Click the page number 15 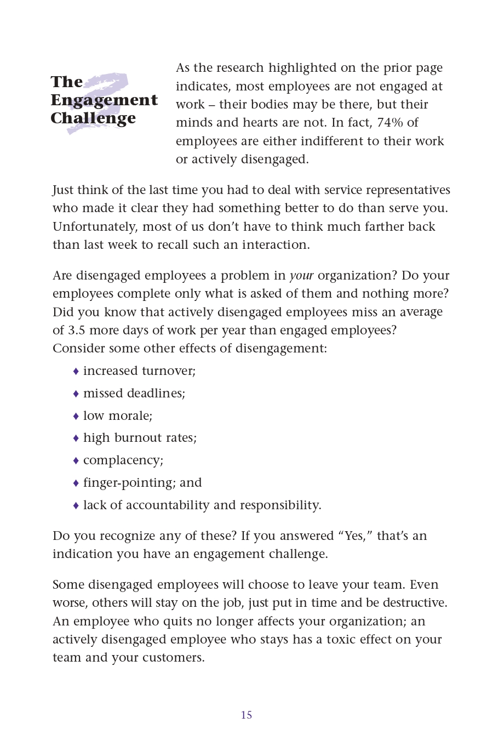(246, 715)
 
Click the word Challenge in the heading (93, 118)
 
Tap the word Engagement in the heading (104, 100)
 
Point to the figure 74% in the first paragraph (389, 122)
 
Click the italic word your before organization (301, 275)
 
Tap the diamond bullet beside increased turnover (76, 372)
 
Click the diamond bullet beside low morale (76, 416)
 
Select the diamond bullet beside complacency (76, 460)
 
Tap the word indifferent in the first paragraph (324, 141)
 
